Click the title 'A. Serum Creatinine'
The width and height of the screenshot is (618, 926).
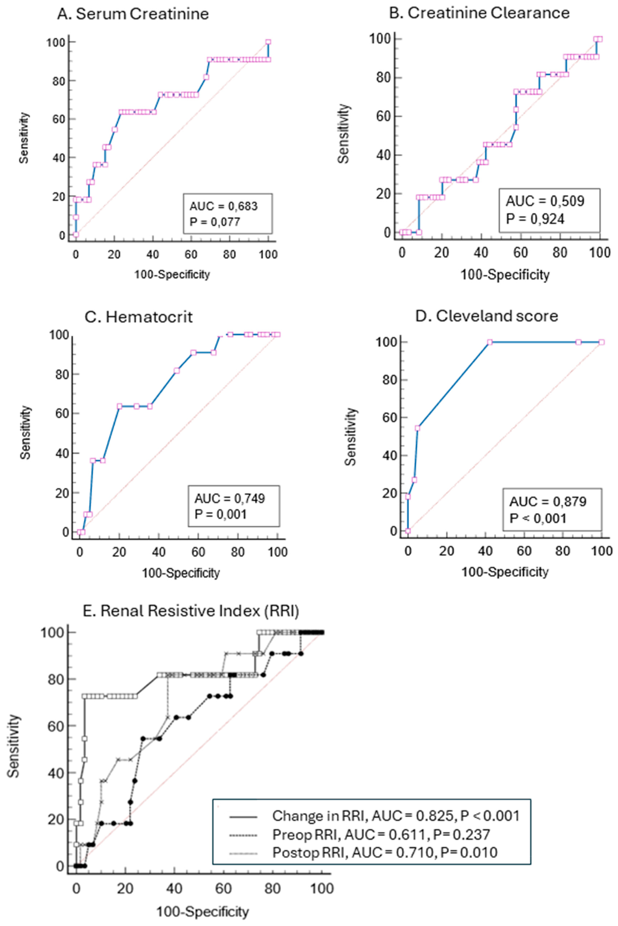(133, 14)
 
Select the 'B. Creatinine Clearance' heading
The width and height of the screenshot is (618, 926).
(479, 13)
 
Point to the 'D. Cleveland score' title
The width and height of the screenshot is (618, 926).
(487, 316)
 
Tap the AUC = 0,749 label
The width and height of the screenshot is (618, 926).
(230, 499)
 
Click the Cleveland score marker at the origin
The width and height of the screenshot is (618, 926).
(408, 531)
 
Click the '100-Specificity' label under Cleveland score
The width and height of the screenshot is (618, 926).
(505, 572)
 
